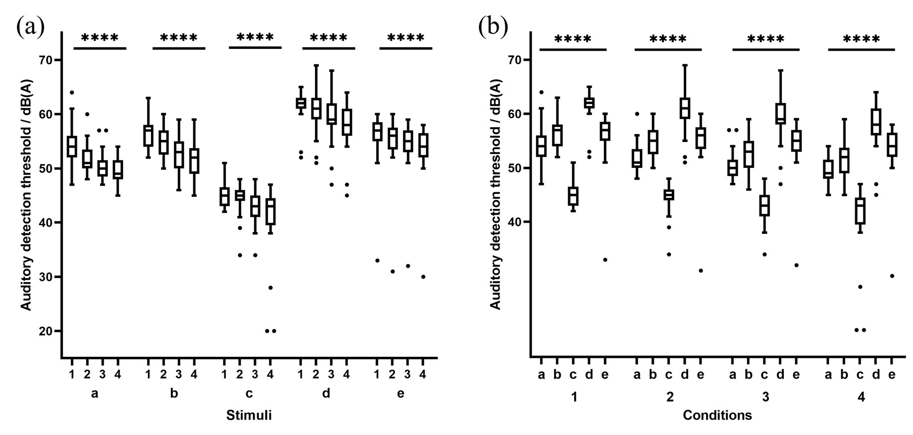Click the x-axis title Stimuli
(249, 415)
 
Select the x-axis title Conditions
(717, 415)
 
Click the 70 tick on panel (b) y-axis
(518, 60)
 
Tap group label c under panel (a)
(249, 394)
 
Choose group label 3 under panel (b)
(765, 397)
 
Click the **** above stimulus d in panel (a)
(328, 38)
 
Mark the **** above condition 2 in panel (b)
(668, 39)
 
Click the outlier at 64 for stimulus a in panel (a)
(72, 92)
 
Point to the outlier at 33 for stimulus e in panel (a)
(377, 260)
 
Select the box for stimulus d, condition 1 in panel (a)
(301, 103)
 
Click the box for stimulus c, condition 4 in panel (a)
(271, 211)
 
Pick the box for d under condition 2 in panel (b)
(684, 108)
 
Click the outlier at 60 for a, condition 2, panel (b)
(637, 114)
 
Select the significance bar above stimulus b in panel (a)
(178, 48)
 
